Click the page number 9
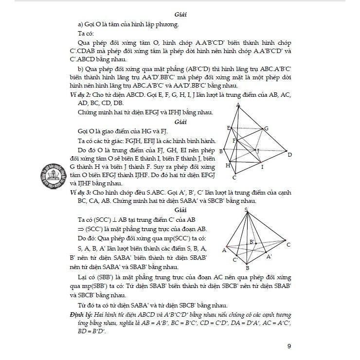click(289, 346)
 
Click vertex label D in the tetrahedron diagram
click(289, 155)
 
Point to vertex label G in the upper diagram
click(266, 128)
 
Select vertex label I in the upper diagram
click(262, 167)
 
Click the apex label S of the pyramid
click(246, 210)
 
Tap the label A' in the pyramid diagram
click(269, 255)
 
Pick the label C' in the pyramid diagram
click(235, 260)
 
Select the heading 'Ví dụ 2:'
click(80, 94)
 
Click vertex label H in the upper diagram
click(228, 165)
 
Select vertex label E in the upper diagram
click(228, 127)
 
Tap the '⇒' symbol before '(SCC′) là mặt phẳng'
click(82, 229)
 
